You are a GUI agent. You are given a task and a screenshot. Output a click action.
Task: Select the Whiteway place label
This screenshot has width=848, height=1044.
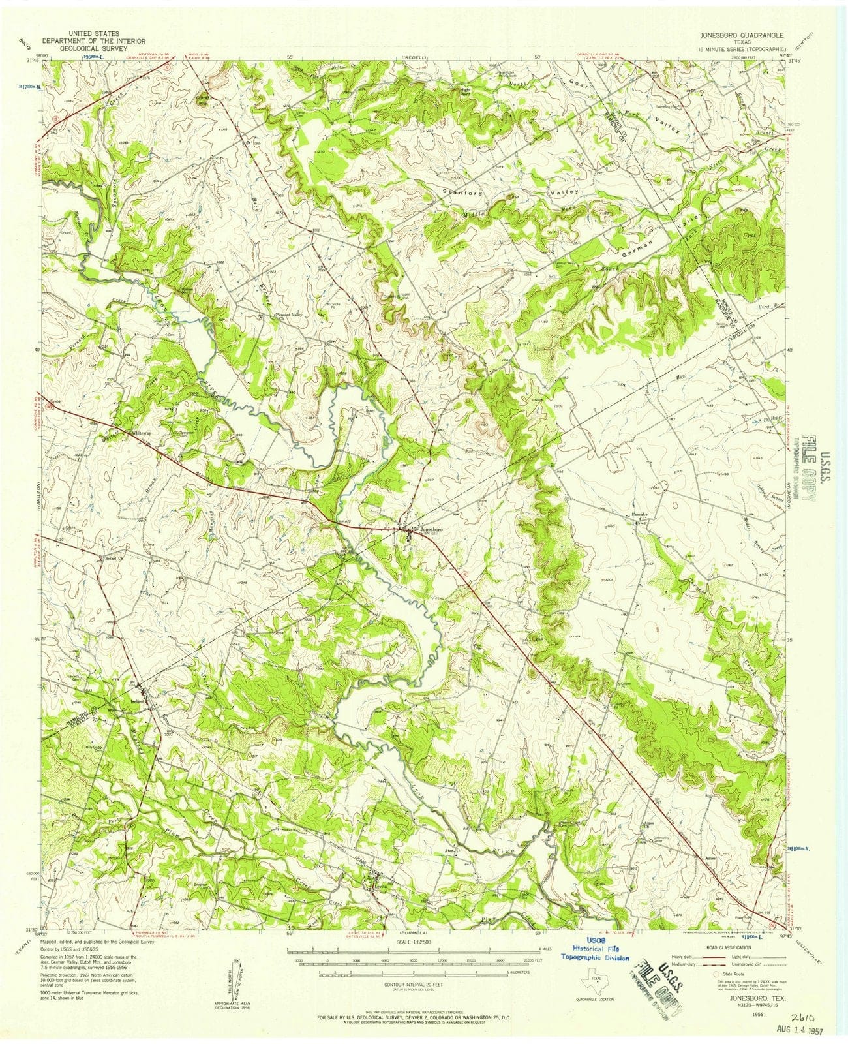[142, 433]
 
